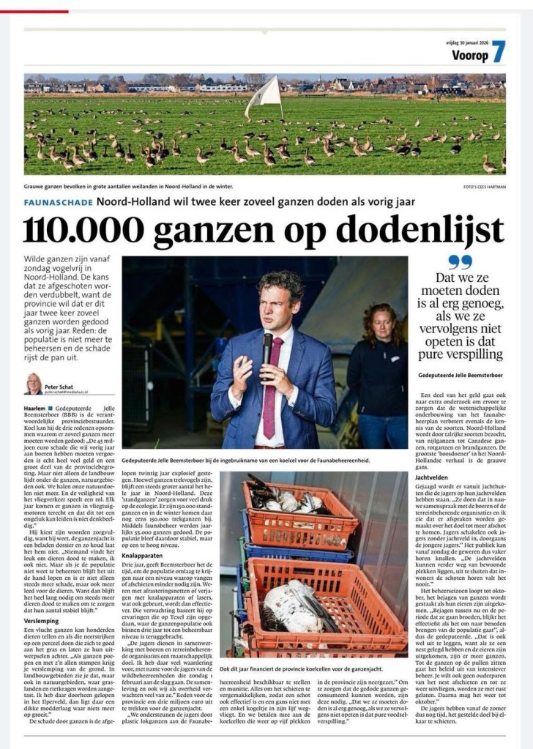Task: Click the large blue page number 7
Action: [499, 52]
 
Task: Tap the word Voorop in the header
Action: [469, 54]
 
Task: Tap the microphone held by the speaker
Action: [267, 347]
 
